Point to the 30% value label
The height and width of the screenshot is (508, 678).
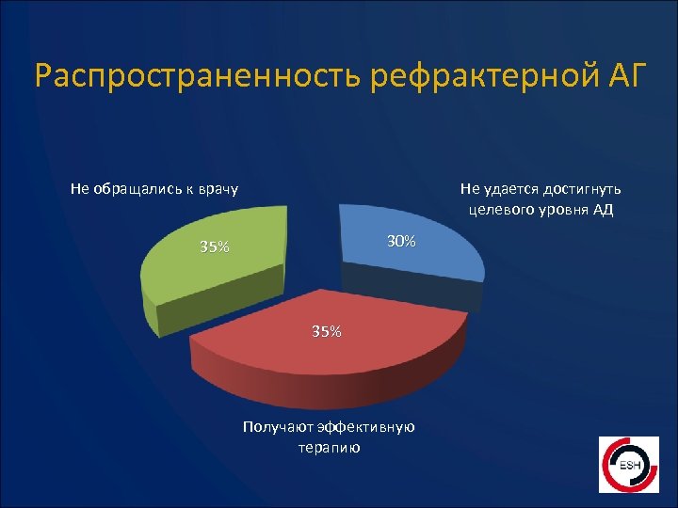pos(401,242)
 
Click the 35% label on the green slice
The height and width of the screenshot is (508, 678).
pos(214,247)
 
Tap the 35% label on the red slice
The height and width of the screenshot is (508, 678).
pos(327,331)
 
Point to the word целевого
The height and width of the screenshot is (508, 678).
pos(495,209)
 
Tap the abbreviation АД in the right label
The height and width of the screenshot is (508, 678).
pos(603,209)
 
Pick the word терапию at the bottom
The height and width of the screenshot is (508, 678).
pos(329,448)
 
